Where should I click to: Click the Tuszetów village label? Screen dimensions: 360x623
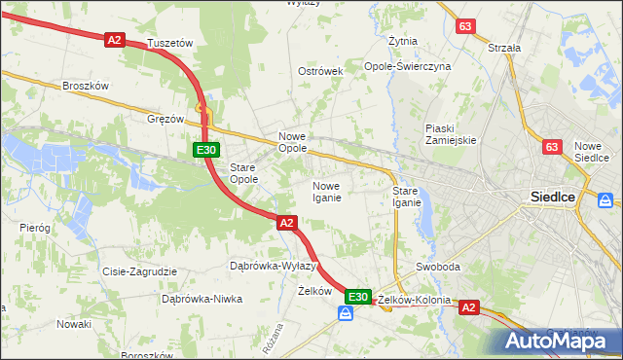coord(170,44)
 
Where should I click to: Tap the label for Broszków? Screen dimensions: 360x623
coord(85,86)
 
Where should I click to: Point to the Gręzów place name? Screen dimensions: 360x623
coord(165,119)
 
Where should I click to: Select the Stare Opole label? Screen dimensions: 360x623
coord(243,173)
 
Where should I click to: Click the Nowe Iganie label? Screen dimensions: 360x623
coord(325,192)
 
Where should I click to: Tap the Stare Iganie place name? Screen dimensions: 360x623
coord(406,197)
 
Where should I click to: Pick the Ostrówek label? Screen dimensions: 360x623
coord(321,72)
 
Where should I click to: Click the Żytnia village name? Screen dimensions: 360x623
coord(403,42)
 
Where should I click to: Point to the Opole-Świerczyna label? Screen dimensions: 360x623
coord(408,66)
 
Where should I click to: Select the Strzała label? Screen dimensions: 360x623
coord(504,47)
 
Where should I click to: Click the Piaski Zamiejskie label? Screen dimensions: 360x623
coord(450,134)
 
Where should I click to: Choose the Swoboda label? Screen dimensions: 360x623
coord(438,267)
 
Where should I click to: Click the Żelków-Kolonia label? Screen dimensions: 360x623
coord(415,300)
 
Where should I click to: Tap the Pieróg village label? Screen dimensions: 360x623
coord(34,227)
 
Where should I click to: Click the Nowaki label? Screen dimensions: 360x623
coord(73,323)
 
